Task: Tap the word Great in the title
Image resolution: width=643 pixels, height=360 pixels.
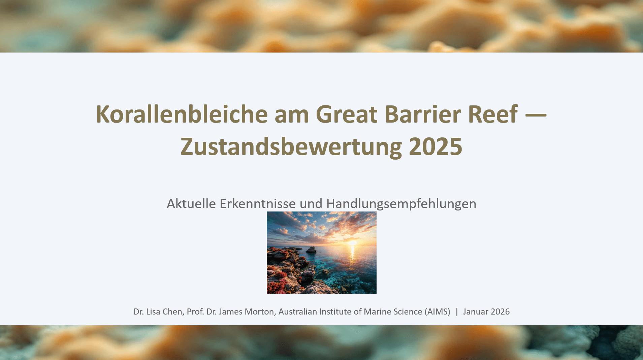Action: click(x=346, y=114)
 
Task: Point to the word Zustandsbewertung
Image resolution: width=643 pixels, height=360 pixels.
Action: click(x=291, y=147)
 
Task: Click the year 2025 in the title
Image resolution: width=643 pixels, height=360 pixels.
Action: click(x=435, y=147)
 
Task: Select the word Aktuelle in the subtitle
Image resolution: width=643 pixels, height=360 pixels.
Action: click(x=191, y=204)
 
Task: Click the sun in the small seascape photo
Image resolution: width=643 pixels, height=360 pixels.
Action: click(x=352, y=242)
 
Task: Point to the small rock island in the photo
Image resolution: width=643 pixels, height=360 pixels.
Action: click(x=311, y=250)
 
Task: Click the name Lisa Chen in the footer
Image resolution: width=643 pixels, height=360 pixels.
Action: click(x=164, y=312)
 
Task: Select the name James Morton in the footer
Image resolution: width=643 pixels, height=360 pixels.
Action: click(x=246, y=312)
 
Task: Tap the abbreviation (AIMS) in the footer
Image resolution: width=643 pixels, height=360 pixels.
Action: click(x=437, y=312)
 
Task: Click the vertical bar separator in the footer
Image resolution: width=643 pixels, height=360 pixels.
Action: click(x=457, y=312)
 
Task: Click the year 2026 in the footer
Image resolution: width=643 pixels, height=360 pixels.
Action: click(x=500, y=312)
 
